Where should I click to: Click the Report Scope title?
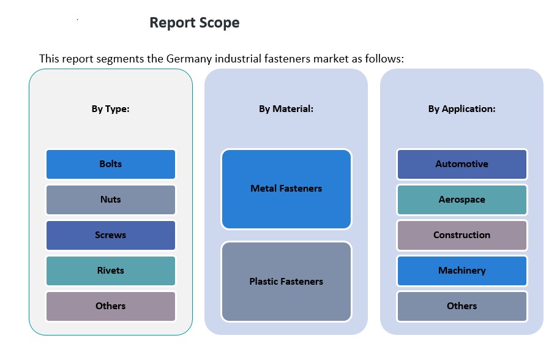click(195, 23)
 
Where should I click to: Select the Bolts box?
click(111, 164)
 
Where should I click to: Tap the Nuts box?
click(111, 200)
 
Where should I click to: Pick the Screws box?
click(111, 235)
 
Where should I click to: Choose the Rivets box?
click(111, 271)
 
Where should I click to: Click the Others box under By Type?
click(111, 306)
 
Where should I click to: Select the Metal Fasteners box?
click(286, 189)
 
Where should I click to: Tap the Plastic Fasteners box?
click(286, 282)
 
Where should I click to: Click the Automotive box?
click(462, 164)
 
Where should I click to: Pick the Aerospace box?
click(462, 200)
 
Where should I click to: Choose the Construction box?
click(462, 235)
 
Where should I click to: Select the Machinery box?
click(462, 271)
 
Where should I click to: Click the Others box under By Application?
click(462, 306)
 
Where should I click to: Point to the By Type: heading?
click(111, 109)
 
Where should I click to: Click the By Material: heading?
click(286, 109)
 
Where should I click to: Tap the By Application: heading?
click(462, 109)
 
